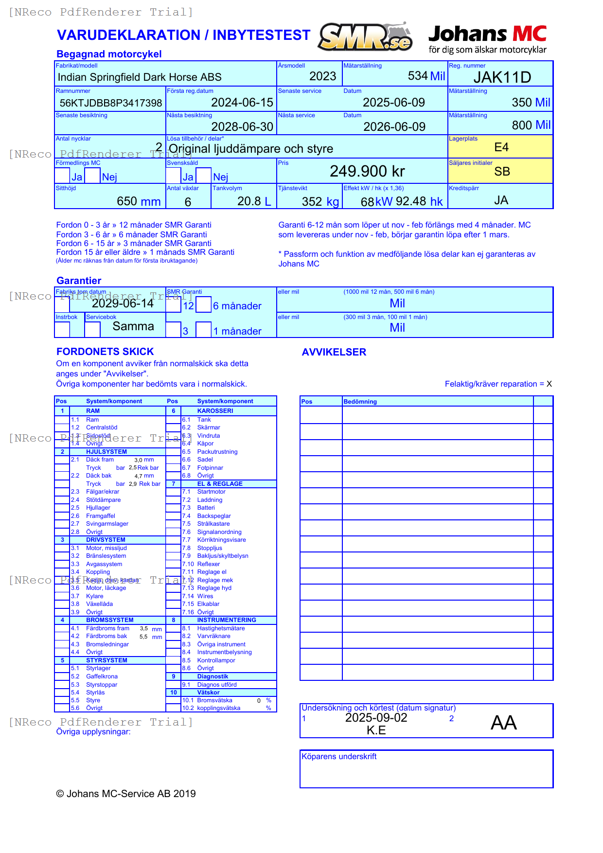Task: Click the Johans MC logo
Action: coord(487,39)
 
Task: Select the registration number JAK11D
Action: coord(502,77)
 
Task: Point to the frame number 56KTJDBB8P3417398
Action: coord(110,103)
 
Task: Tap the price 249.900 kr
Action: coord(367,171)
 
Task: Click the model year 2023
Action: coord(322,76)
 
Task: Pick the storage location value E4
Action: coord(501,147)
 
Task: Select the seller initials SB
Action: coord(502,172)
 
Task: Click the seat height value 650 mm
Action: coord(139,201)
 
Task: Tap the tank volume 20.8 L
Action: coord(253,201)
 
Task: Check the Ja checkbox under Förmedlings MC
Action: coord(62,176)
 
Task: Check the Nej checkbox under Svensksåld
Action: coord(204,176)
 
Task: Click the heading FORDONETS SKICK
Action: coord(105,352)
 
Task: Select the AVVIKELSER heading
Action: coord(334,352)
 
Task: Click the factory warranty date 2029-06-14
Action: coord(123,303)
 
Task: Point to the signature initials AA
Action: coord(503,723)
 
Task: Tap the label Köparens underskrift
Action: coord(339,757)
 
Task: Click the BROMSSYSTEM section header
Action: coord(109,620)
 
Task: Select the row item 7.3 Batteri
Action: coord(206,508)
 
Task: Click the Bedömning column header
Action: coord(360,402)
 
